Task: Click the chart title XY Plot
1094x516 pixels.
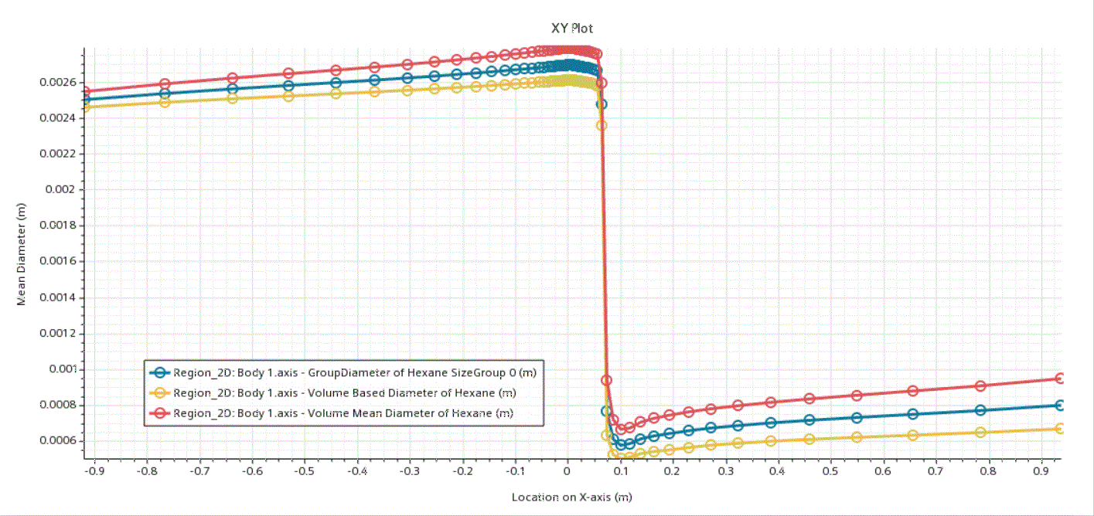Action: [572, 28]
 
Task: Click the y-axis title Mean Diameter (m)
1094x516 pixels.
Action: [22, 259]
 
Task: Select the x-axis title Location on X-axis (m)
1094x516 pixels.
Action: [571, 497]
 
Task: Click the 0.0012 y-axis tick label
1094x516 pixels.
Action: [57, 333]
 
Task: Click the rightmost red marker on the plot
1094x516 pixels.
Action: [1061, 379]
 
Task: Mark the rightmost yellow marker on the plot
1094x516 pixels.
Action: [1061, 428]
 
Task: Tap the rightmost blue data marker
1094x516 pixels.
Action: [1061, 405]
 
